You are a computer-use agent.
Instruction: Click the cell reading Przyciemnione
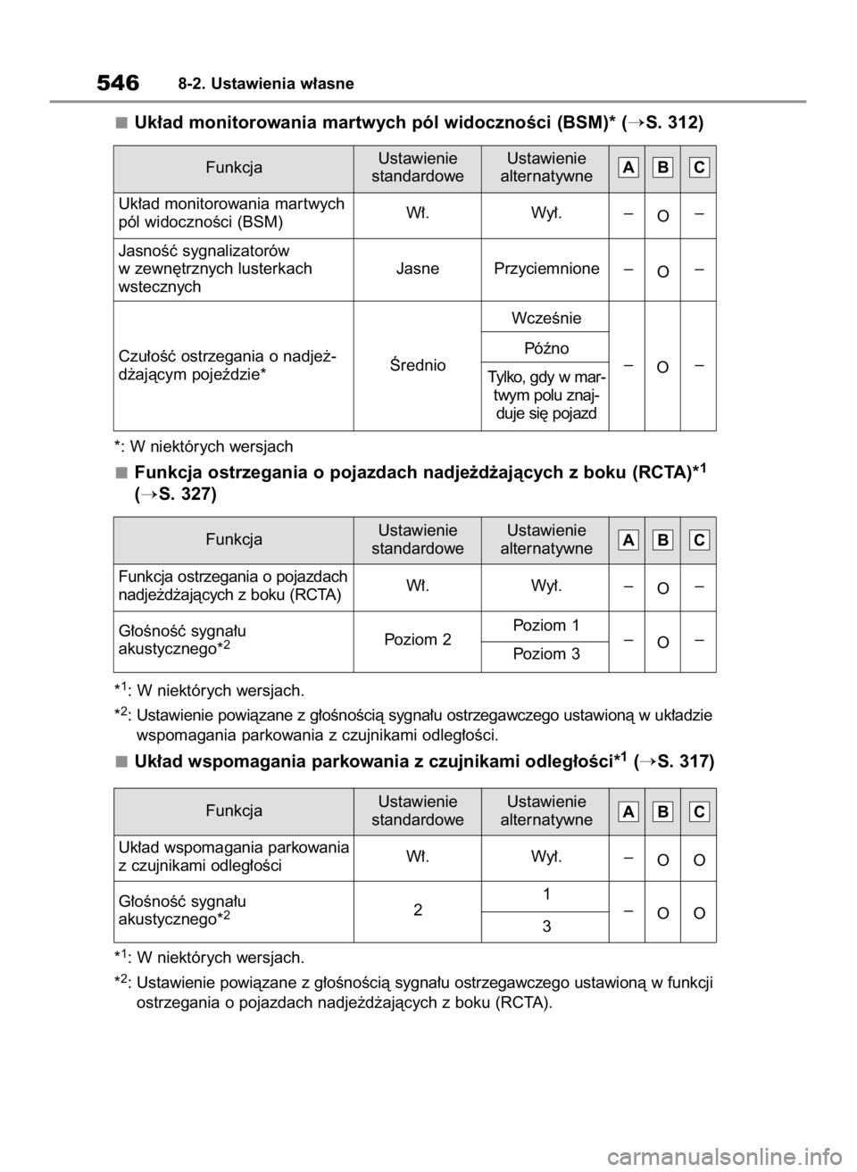546,268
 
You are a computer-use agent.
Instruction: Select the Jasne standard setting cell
417,268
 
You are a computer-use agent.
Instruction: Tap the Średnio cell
417,364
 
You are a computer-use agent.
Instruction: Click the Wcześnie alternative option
546,318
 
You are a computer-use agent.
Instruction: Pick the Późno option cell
546,347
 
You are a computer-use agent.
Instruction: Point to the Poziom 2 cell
417,639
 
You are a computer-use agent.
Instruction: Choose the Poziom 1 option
546,624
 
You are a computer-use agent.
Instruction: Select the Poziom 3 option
546,654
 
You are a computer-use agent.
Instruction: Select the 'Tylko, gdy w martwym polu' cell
546,395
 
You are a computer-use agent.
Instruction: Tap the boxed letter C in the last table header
699,811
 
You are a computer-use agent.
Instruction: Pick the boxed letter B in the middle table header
664,540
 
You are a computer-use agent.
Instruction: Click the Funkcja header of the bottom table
234,811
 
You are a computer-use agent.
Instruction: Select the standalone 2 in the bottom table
417,910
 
